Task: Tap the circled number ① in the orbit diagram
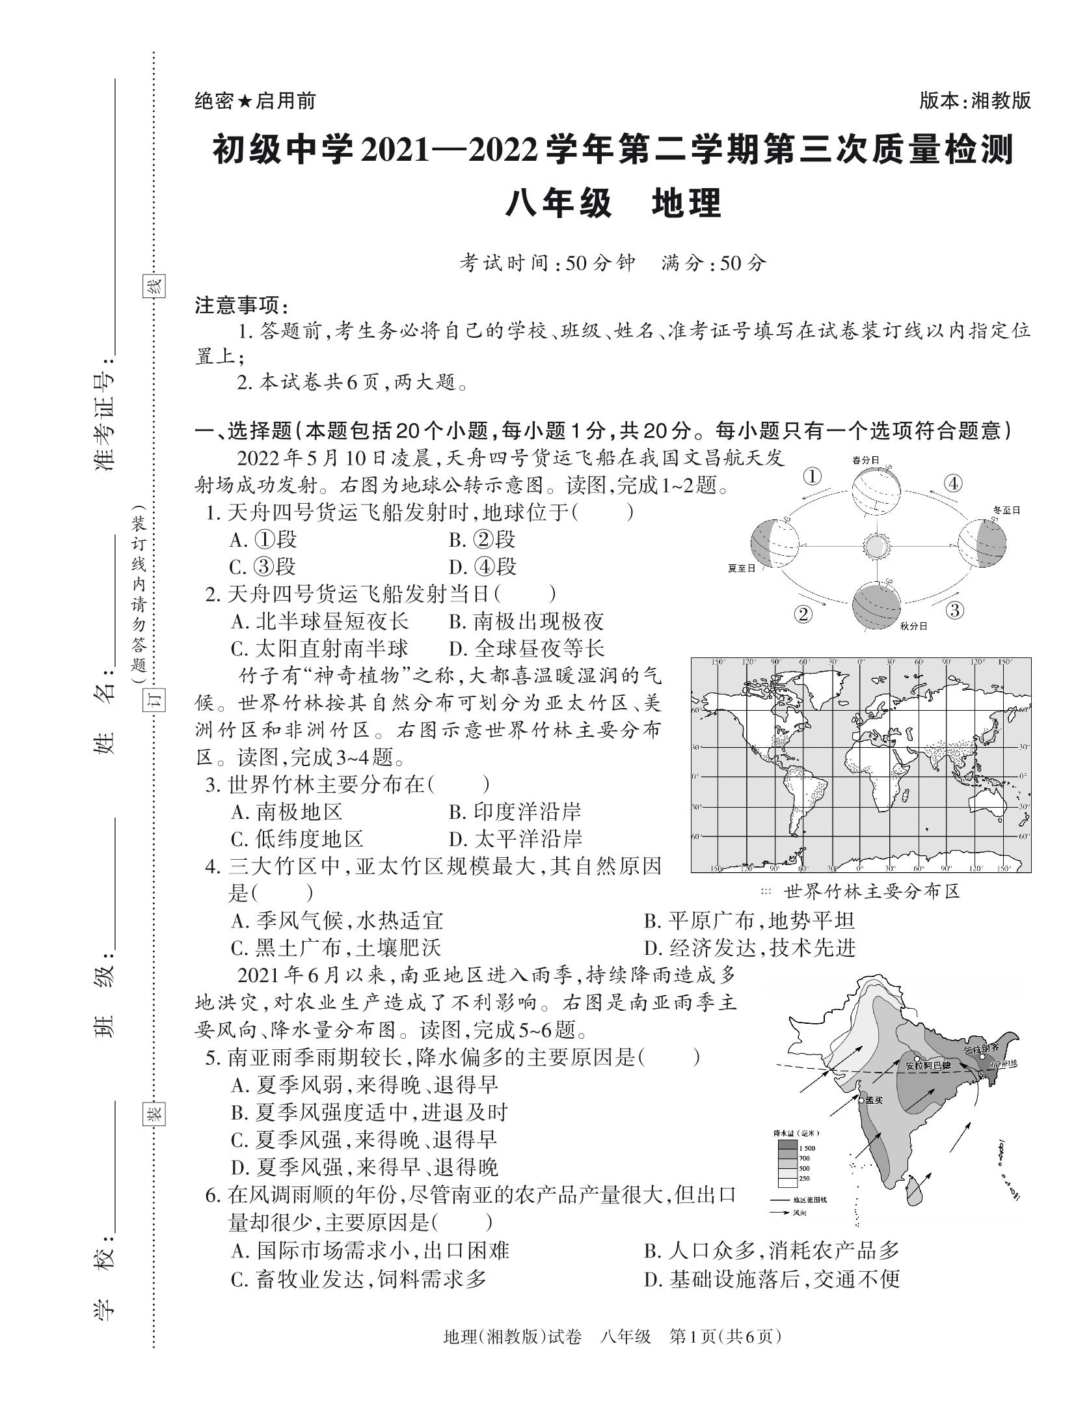tap(813, 476)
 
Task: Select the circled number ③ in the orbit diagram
tap(954, 610)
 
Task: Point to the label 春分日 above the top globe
tap(866, 460)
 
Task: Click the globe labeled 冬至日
tap(982, 543)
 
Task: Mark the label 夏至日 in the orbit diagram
tap(742, 568)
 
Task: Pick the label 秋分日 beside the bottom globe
tap(913, 626)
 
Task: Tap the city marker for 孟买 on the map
tap(862, 1100)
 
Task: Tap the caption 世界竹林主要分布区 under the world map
tap(872, 891)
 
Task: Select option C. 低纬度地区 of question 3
tap(297, 839)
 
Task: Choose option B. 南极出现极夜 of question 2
tap(526, 621)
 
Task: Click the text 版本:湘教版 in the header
tap(975, 101)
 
